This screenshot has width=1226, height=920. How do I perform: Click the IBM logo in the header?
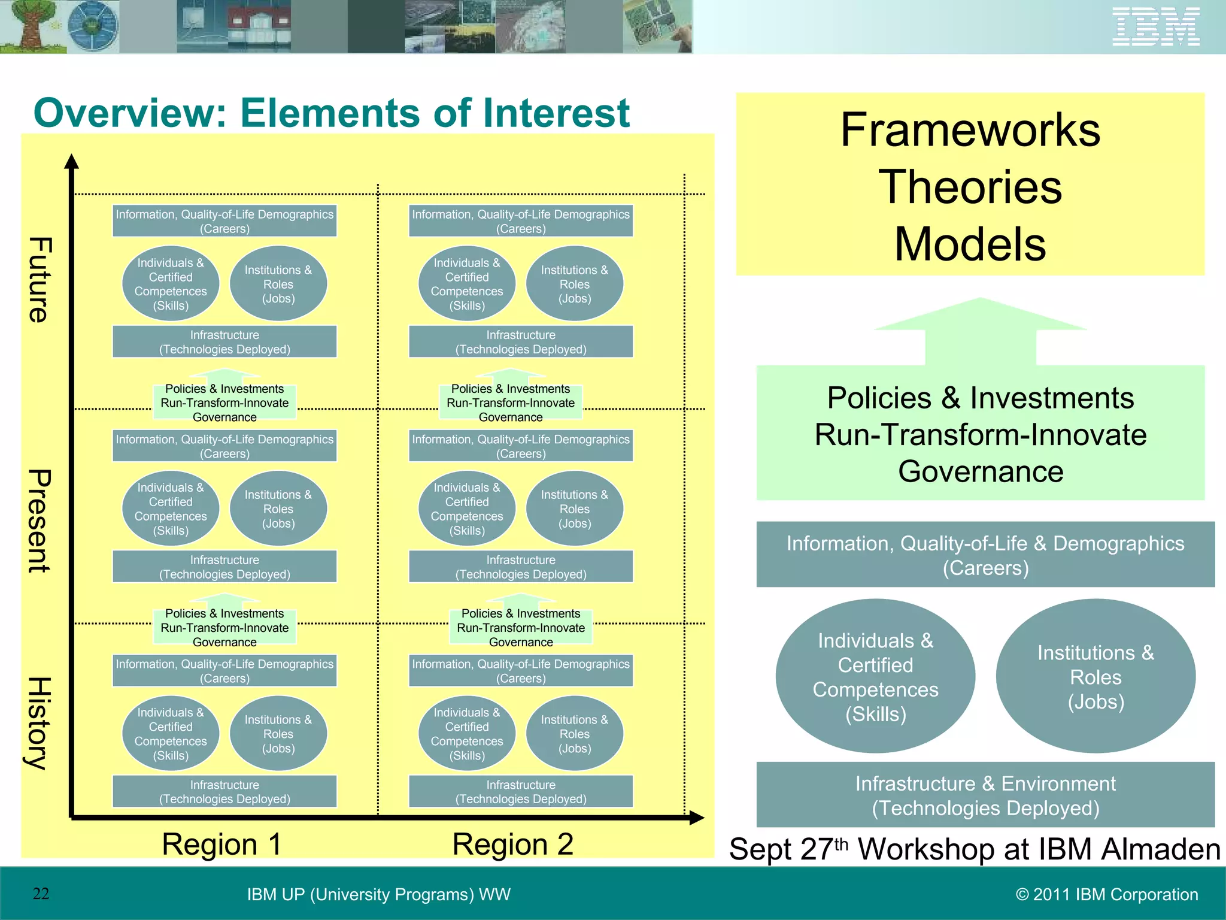coord(1155,26)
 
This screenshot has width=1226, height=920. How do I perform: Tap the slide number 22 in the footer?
coord(41,894)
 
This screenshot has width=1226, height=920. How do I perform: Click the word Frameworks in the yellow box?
coord(970,130)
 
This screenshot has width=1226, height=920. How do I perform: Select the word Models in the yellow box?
coord(970,244)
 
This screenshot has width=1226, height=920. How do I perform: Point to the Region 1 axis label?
coord(221,844)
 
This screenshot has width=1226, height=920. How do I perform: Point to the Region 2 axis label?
coord(512,844)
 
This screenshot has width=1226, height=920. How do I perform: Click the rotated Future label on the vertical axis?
coord(40,280)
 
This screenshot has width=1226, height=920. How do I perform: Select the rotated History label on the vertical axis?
coord(40,723)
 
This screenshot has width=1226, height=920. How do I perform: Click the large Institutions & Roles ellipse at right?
coord(1095,676)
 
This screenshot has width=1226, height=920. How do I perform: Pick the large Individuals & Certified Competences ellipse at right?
coord(875,676)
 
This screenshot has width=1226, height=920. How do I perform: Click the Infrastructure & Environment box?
coord(985,795)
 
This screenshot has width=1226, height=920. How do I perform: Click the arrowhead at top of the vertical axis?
coord(72,162)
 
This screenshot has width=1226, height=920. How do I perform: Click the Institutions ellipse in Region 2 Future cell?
coord(574,284)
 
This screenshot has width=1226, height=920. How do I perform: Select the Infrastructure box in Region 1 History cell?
coord(224,791)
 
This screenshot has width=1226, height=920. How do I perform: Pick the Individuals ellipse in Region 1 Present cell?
coord(171,509)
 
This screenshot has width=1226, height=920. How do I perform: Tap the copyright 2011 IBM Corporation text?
coord(1107,894)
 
